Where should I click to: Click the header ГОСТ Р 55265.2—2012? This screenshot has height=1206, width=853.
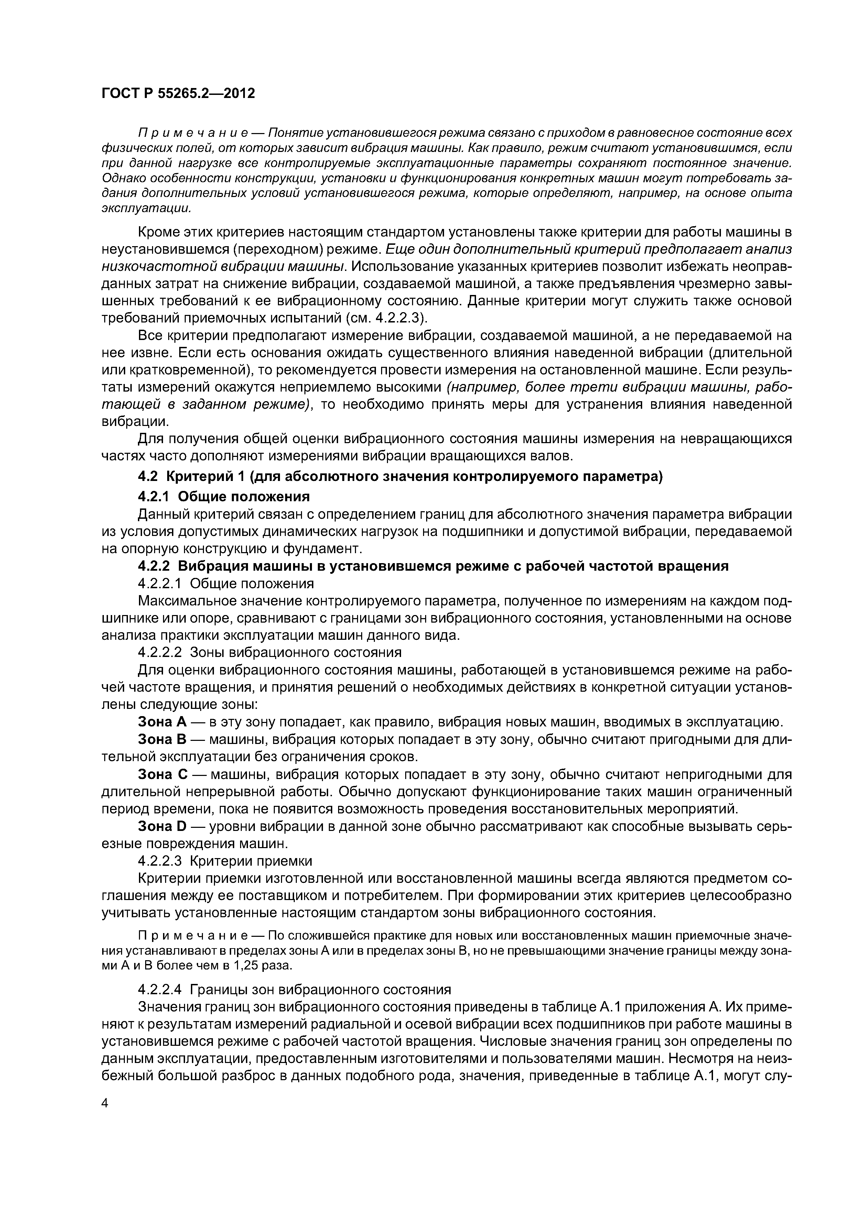point(177,94)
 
